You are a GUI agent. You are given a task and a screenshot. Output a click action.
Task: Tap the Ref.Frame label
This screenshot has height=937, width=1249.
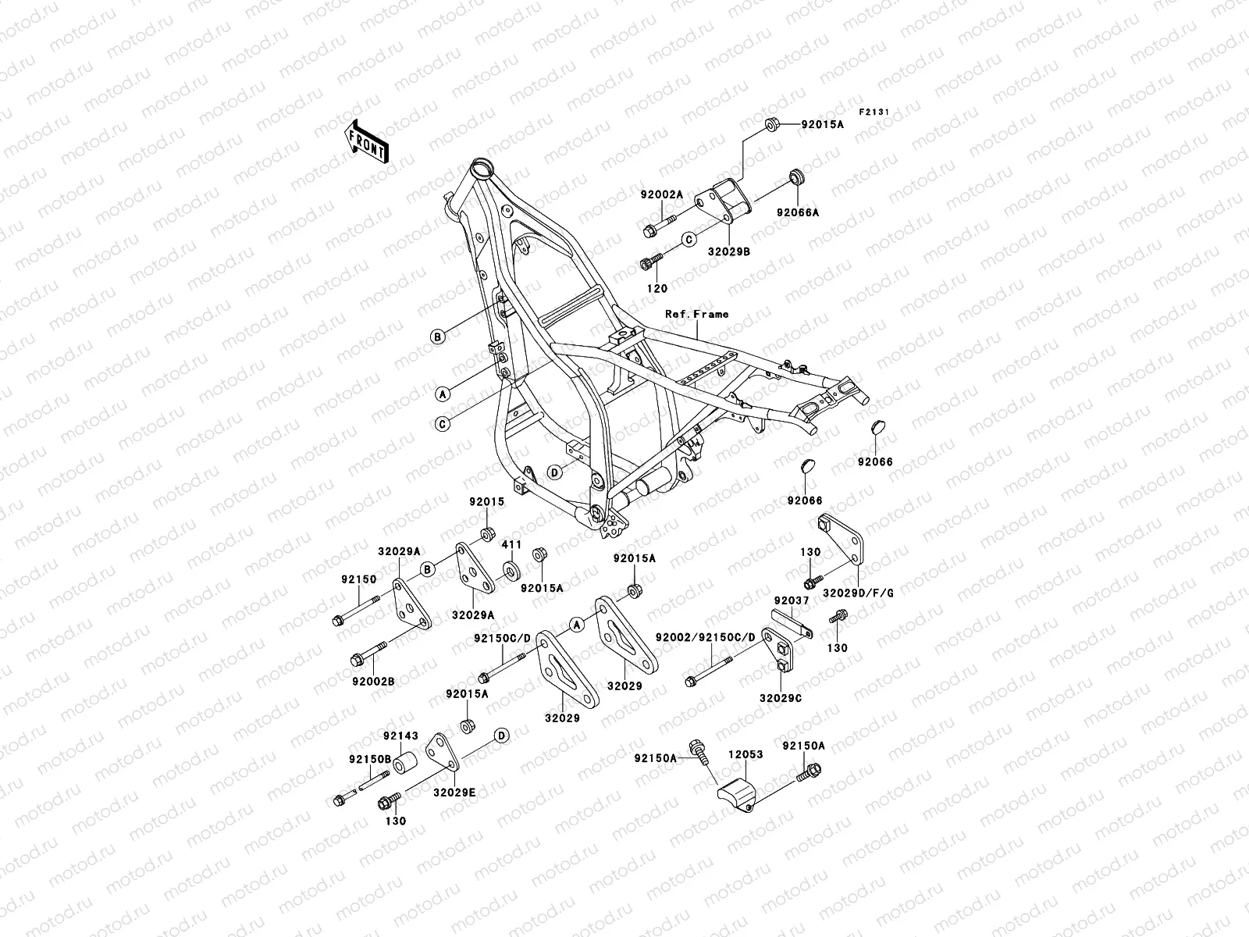point(696,314)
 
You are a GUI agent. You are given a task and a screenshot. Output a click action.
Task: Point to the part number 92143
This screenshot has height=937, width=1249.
point(400,736)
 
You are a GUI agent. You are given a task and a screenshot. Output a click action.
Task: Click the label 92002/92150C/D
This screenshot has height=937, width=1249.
point(706,637)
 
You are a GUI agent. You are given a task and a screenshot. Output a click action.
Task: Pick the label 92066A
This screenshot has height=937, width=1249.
point(797,212)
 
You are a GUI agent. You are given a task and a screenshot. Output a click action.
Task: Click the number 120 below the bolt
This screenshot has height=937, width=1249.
point(657,288)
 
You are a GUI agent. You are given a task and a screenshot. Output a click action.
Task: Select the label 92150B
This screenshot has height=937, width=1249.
point(365,759)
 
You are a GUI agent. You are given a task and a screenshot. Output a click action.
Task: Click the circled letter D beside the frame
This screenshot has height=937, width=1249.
point(553,472)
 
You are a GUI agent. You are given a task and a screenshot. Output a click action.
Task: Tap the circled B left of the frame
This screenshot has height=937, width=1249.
point(439,337)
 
